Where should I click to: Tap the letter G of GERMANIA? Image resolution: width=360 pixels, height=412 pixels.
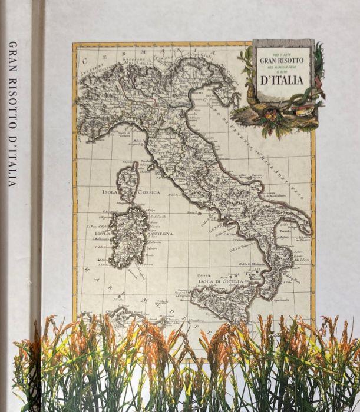86,59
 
